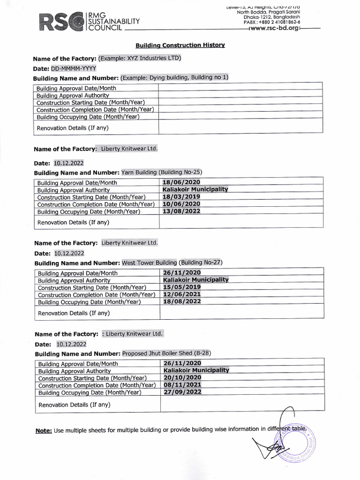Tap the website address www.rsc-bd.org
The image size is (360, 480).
click(275, 28)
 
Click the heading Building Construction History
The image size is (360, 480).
click(180, 45)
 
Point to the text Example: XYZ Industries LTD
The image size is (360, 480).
click(139, 58)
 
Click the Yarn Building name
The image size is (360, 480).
click(139, 172)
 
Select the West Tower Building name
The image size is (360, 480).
click(149, 262)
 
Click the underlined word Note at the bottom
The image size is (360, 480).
click(44, 430)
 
